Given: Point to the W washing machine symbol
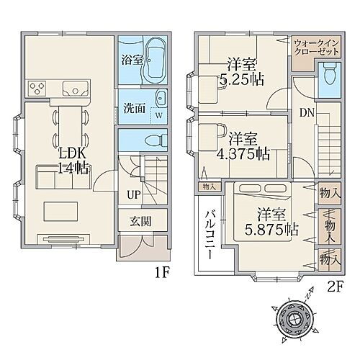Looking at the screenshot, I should tap(158, 112).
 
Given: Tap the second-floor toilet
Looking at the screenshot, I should tap(328, 77).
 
